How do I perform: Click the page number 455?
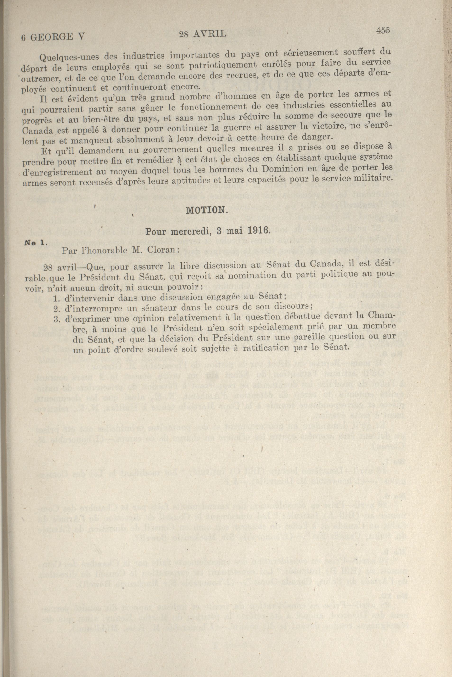(383, 30)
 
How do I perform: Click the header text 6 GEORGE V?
(53, 37)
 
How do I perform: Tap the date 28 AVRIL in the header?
(202, 34)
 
